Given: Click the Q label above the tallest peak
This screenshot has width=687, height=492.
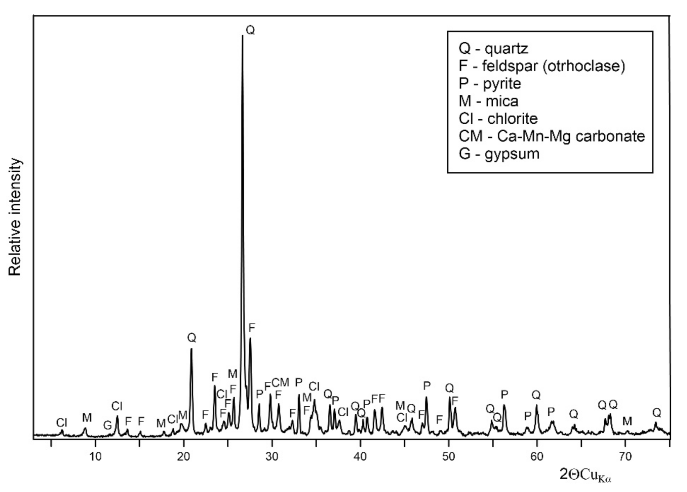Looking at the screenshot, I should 250,30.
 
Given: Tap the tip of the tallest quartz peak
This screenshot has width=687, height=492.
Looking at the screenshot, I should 242,36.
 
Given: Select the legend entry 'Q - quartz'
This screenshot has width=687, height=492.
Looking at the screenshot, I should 494,48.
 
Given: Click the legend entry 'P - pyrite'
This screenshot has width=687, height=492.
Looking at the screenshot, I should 490,84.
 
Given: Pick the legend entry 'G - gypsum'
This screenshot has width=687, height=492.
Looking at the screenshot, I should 499,154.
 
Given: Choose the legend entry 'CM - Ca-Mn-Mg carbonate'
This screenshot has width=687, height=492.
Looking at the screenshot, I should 552,136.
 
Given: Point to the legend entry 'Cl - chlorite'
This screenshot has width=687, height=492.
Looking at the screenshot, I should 498,118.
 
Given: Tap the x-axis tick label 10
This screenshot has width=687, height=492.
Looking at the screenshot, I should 96,456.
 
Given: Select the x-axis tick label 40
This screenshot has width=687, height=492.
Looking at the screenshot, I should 360,456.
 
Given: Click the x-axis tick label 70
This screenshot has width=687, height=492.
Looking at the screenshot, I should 625,456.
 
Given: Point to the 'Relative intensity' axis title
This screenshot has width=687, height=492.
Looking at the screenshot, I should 15,217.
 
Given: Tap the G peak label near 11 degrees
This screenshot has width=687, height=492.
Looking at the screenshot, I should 107,426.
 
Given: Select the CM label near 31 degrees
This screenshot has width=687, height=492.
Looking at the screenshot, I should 280,383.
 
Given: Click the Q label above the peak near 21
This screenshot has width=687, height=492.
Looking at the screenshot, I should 191,338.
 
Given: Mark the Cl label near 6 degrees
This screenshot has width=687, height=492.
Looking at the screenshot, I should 61,423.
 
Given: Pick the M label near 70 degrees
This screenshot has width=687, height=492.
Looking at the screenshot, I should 627,421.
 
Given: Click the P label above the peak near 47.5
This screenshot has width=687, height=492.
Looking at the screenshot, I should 427,385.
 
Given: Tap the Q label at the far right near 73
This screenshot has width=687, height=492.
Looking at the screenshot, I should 657,412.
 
